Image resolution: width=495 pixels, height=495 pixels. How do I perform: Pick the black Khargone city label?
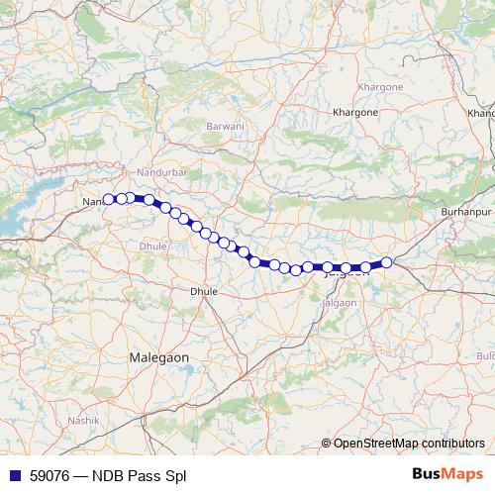tap(356, 113)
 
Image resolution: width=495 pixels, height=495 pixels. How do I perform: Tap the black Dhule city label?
tap(203, 292)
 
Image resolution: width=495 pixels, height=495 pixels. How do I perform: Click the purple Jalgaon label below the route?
tap(340, 302)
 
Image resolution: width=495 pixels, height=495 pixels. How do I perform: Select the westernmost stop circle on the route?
tap(109, 199)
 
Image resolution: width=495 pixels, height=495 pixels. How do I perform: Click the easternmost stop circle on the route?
tap(387, 261)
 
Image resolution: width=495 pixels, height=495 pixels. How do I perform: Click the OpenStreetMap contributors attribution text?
tap(409, 444)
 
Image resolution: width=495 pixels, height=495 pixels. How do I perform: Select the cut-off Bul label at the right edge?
tap(485, 354)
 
